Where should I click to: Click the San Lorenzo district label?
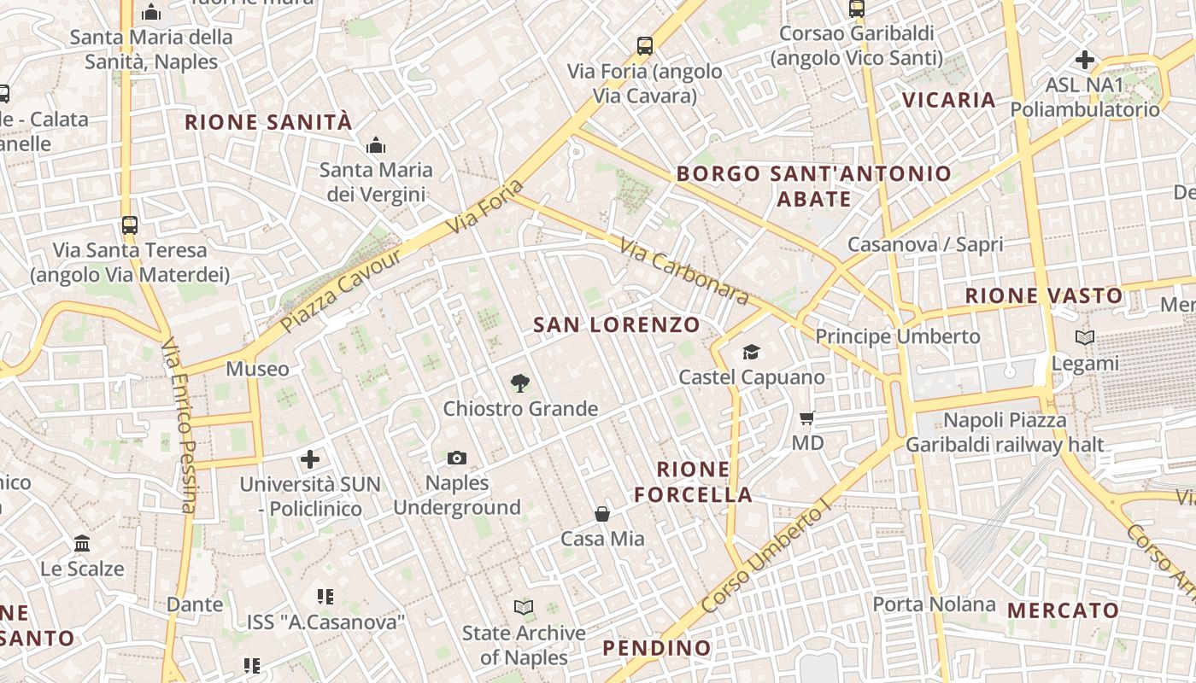click(x=617, y=324)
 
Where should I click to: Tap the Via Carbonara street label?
click(x=684, y=271)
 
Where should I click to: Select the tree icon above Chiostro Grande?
click(x=519, y=383)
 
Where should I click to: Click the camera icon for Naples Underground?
click(x=457, y=458)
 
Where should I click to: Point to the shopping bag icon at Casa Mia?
click(x=602, y=514)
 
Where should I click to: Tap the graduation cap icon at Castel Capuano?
click(x=751, y=352)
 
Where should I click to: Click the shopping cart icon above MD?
click(x=807, y=418)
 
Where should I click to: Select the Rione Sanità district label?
click(x=268, y=122)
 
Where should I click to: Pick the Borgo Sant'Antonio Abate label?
click(x=813, y=186)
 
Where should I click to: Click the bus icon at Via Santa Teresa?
click(x=129, y=225)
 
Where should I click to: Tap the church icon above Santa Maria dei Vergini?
click(x=375, y=146)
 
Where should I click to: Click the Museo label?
click(x=257, y=369)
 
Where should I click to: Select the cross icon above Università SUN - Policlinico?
click(x=310, y=459)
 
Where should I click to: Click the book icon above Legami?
click(x=1085, y=338)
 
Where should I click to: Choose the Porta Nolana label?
click(x=934, y=604)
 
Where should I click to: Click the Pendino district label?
click(x=657, y=648)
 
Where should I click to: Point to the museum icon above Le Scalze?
click(x=82, y=543)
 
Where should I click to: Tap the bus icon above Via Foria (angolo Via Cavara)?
click(x=645, y=46)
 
